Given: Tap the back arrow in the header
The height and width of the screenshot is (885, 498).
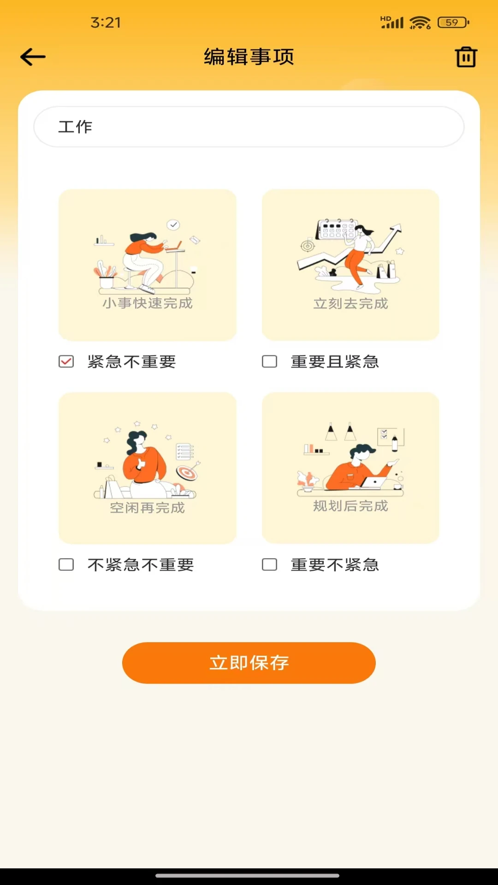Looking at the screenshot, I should click(x=33, y=57).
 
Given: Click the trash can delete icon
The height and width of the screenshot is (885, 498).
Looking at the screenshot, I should click(x=466, y=57).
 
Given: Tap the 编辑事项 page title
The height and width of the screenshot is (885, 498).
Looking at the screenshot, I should click(x=249, y=57).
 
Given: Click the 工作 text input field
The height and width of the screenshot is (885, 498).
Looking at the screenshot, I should click(x=249, y=127).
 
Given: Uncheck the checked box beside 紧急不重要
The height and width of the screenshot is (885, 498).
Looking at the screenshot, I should click(x=66, y=361).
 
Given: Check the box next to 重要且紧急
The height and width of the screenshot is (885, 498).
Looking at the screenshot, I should click(x=270, y=361).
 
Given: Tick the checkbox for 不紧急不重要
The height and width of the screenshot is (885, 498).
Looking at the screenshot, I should click(x=66, y=565).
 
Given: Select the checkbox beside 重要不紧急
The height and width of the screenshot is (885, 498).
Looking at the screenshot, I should click(x=270, y=565).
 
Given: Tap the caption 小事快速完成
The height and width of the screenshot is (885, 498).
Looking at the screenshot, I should click(x=148, y=303).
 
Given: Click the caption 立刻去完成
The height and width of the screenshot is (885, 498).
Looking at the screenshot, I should click(x=351, y=304).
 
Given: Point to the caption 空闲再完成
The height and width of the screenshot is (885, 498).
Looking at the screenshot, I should click(x=148, y=508).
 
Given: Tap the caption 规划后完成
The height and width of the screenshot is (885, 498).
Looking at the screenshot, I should click(x=351, y=506).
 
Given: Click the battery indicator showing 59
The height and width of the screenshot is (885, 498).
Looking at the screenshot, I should click(x=453, y=22).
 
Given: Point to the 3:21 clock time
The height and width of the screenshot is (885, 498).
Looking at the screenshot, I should click(x=106, y=22).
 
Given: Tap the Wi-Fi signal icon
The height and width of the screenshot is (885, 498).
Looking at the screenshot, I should click(x=420, y=22).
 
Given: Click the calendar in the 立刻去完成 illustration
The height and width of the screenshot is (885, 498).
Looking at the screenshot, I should click(x=336, y=229).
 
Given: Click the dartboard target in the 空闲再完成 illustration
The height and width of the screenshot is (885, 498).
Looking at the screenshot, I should click(x=187, y=472).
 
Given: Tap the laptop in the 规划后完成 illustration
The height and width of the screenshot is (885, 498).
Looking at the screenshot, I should click(x=373, y=482).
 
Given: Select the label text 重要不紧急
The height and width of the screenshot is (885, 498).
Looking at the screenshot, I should click(x=335, y=565).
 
